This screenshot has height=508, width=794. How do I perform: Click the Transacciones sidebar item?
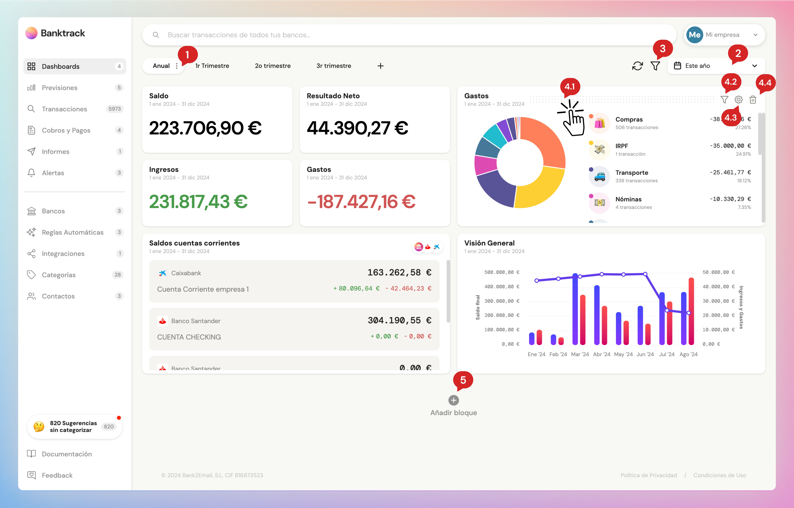[x=64, y=109]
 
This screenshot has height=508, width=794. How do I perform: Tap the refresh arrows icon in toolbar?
[x=637, y=66]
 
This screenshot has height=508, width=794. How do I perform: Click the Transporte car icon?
[x=599, y=177]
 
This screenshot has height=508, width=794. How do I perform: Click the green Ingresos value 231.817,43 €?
[x=198, y=202]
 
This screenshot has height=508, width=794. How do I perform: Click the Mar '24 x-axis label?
[x=580, y=354]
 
